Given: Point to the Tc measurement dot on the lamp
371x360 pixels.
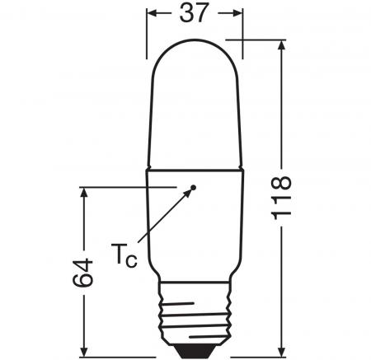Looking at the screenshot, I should coord(193,187).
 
